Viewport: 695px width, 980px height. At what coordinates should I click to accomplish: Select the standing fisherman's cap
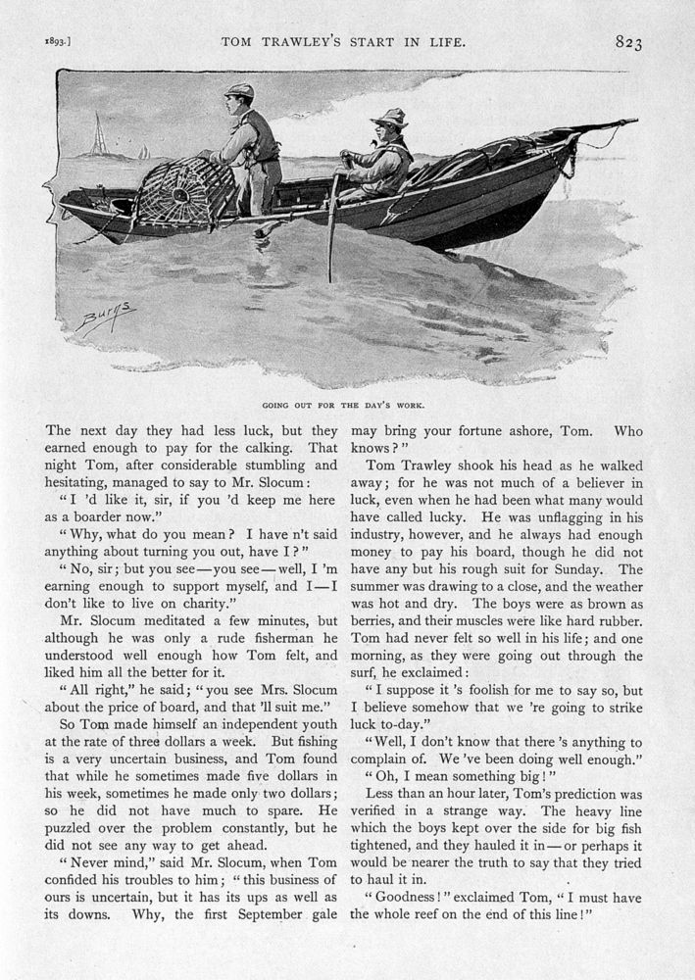(x=239, y=91)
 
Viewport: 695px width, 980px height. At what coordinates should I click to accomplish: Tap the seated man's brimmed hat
(x=389, y=118)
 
